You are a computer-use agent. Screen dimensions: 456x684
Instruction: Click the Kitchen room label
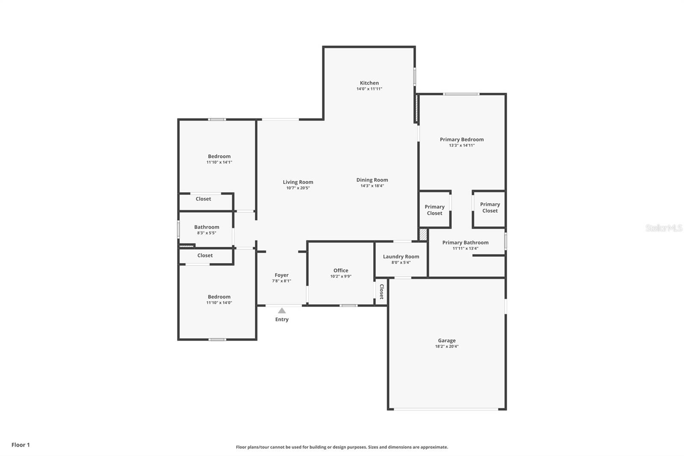pos(369,83)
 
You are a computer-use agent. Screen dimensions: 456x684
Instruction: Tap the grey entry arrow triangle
pos(282,311)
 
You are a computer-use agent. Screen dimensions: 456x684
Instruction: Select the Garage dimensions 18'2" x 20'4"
pos(447,346)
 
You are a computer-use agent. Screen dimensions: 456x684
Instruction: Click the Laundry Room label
pos(401,257)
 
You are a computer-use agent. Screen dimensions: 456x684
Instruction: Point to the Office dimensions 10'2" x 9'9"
pos(341,276)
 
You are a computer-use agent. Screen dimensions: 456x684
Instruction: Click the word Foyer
pos(281,275)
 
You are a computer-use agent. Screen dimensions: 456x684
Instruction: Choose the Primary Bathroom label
pos(465,243)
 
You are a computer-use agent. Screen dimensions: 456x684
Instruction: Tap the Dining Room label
pos(372,180)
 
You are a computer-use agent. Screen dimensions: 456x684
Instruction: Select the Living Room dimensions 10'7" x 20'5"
pos(298,188)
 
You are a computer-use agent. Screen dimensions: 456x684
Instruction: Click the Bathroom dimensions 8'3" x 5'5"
pos(206,233)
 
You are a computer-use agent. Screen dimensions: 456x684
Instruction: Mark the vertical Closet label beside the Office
pos(382,291)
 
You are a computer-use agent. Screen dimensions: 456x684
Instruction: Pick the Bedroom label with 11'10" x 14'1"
pos(219,157)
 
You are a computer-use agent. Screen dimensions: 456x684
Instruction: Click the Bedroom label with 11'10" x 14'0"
pos(219,297)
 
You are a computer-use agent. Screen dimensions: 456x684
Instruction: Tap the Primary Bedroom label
pos(462,139)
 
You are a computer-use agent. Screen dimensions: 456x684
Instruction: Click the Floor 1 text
pos(21,445)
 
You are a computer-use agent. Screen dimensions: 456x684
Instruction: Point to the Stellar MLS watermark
pos(663,228)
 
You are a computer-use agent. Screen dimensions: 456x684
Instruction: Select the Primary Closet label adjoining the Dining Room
pos(434,210)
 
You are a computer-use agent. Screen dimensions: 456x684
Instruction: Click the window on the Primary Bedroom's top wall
pos(461,94)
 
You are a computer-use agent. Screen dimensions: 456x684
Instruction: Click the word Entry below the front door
pos(282,320)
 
